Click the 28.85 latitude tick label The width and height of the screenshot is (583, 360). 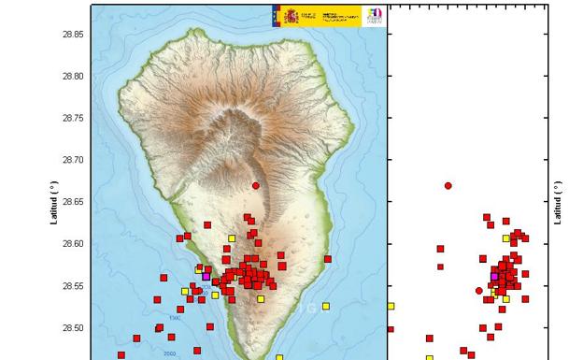coord(73,35)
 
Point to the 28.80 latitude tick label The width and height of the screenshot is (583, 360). coord(73,77)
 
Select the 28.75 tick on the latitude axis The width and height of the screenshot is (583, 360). coord(73,119)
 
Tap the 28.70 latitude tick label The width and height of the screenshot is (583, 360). coord(73,161)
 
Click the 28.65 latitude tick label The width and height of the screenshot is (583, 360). coord(73,202)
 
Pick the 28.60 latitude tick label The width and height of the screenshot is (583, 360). coord(73,244)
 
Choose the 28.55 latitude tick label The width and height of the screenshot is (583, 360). coord(73,286)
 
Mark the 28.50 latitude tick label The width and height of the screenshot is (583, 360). coord(73,328)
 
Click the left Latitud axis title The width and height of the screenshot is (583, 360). coord(54,203)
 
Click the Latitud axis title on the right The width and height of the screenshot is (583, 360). coord(559,203)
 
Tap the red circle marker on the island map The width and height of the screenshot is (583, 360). coord(256,185)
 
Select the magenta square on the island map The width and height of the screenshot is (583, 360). coord(206,277)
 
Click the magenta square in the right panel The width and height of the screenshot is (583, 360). coord(494,277)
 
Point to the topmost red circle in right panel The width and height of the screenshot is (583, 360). coord(448,185)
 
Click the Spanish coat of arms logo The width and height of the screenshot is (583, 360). coord(291,15)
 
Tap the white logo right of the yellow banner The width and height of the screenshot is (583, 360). coord(373,15)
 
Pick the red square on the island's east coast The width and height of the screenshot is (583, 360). coord(328,259)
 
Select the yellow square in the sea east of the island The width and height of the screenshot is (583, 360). coord(326,306)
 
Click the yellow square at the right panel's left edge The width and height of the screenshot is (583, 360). coord(391,306)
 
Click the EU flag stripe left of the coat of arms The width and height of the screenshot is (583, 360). coord(277,15)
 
